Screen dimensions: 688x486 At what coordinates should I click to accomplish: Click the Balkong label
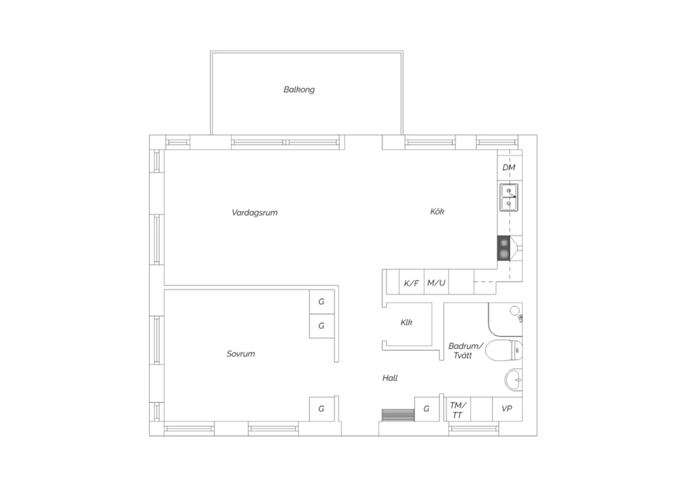coord(299,90)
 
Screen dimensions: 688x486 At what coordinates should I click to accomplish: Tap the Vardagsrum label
coord(254,212)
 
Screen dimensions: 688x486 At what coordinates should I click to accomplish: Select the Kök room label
coord(437,211)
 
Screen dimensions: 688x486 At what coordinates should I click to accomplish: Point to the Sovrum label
coord(241,353)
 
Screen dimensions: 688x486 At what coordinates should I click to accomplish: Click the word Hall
coord(390,378)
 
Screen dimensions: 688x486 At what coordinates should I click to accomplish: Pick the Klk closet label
coord(406,322)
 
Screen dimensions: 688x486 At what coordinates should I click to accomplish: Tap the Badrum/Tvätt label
coord(466,351)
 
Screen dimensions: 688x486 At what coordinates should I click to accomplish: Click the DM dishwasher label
coord(509,167)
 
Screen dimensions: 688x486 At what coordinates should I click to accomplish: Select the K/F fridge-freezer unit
coord(411,282)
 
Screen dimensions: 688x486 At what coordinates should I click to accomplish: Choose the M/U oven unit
coord(436,282)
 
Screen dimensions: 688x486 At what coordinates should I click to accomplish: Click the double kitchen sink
coord(509,198)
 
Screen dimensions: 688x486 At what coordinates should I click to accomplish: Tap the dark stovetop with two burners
coord(504,249)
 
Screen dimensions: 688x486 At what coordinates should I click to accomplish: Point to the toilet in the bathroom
coord(504,350)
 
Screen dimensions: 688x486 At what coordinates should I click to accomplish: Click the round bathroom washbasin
coord(514,380)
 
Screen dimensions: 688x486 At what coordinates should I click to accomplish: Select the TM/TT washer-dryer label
coord(458,410)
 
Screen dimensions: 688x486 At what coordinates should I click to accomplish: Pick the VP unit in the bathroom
coord(507,409)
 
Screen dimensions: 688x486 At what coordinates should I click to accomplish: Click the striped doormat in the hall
coord(398,415)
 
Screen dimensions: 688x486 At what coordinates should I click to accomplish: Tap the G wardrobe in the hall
coord(427,409)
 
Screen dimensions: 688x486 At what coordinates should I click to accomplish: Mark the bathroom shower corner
coord(505,320)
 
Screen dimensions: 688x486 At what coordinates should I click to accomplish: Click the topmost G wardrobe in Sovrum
coord(322,302)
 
